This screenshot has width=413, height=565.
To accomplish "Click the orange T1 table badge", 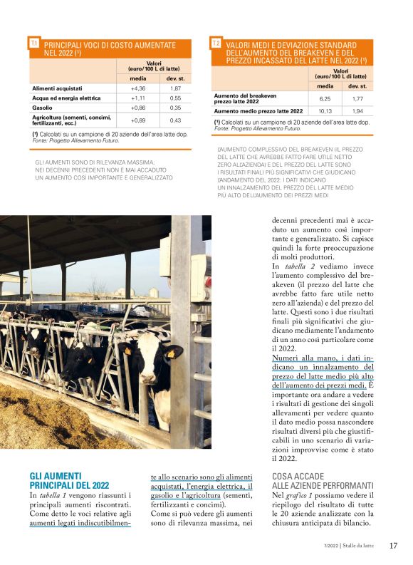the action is pos(34,44).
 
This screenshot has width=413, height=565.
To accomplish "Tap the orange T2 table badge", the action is pos(216,44).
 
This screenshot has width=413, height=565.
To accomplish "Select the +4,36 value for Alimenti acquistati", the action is pos(138,88).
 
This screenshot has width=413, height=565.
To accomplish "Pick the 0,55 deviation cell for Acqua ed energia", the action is pos(175,98).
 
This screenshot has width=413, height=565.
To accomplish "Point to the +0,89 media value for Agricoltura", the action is pos(138,120).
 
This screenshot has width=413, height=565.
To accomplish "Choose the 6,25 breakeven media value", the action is pos(325,99).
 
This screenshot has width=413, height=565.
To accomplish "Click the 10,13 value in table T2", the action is pos(325,111).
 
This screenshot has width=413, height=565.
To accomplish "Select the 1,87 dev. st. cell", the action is pos(175,88).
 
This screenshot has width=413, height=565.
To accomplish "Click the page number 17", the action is pos(393,546).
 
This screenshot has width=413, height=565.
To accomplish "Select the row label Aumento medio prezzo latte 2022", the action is pos(258,111).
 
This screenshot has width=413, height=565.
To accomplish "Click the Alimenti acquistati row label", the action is pos(58,88).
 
